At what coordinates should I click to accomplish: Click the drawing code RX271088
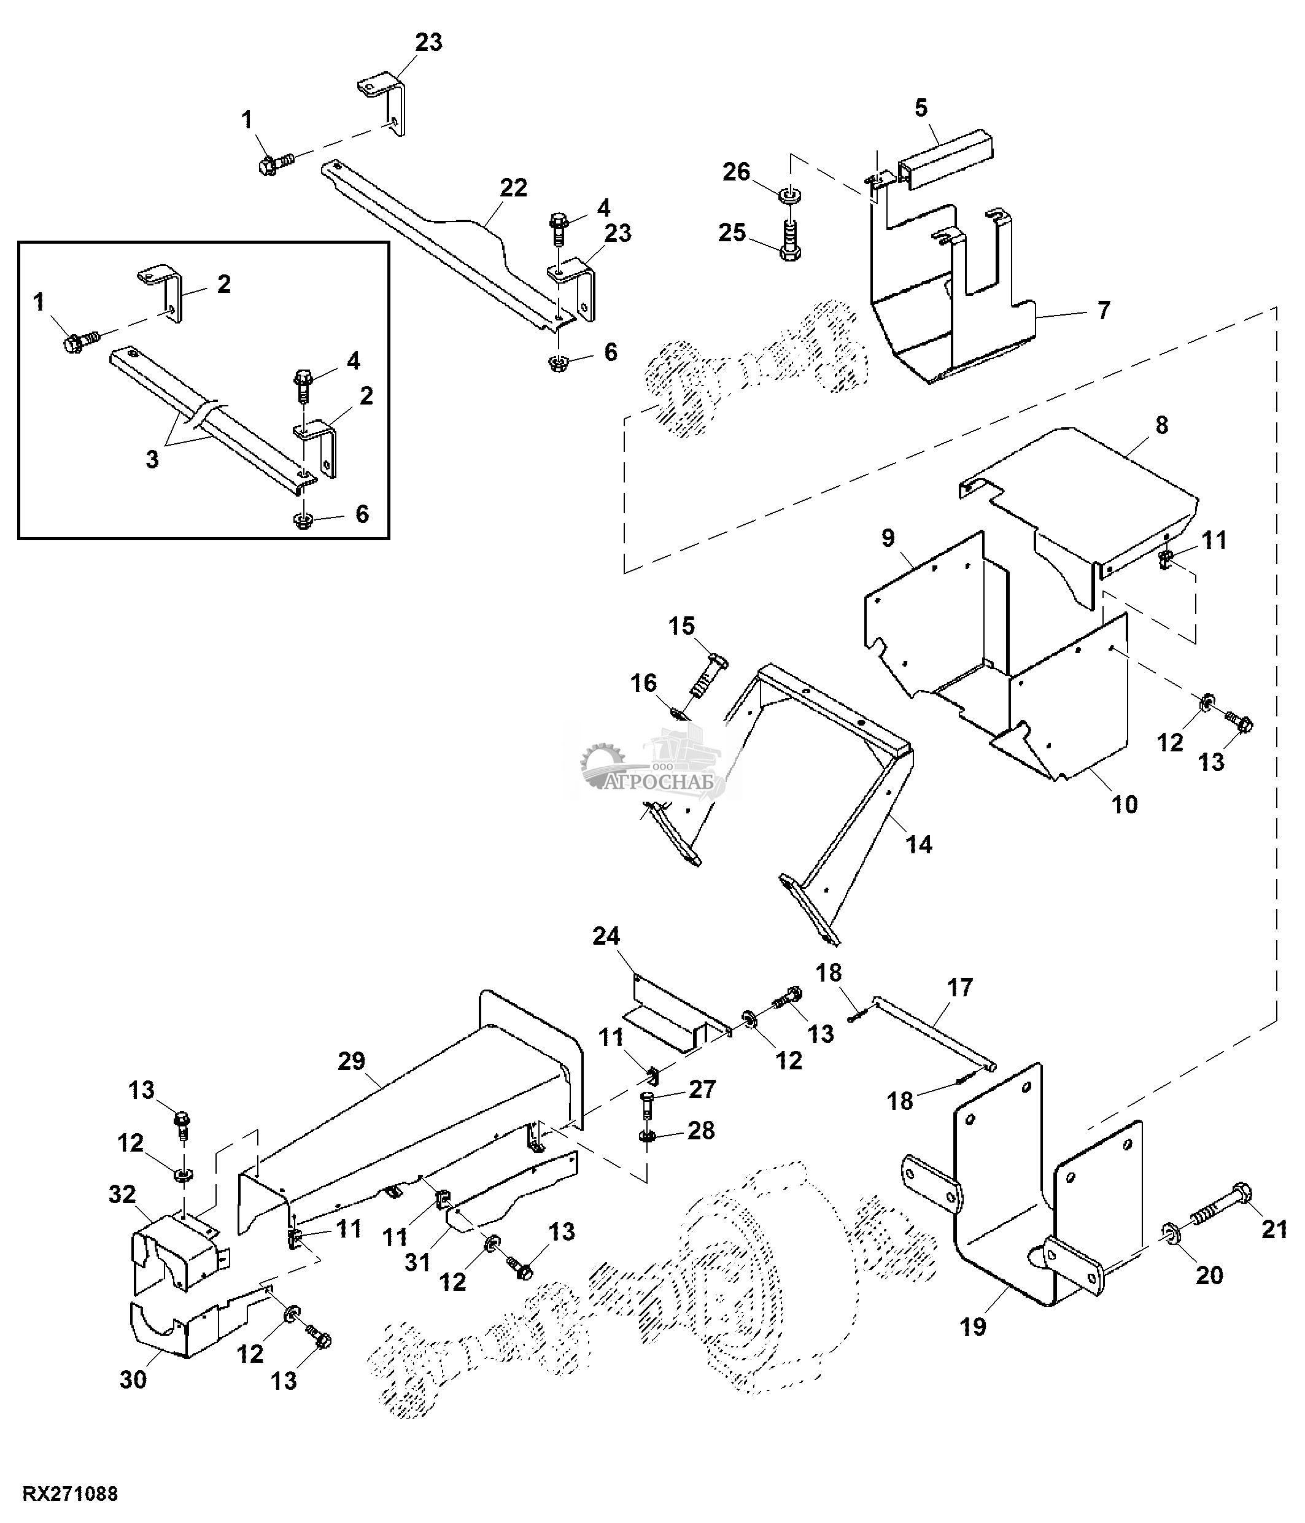(71, 1494)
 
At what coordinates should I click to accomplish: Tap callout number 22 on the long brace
(513, 188)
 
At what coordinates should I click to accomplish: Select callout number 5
(921, 108)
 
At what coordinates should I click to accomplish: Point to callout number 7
(1103, 310)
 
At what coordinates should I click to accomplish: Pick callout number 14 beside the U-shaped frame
(918, 845)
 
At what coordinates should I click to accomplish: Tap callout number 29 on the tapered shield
(351, 1061)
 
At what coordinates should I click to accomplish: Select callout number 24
(606, 936)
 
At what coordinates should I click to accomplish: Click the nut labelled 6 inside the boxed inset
(301, 521)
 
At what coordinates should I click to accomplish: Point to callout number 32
(122, 1195)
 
